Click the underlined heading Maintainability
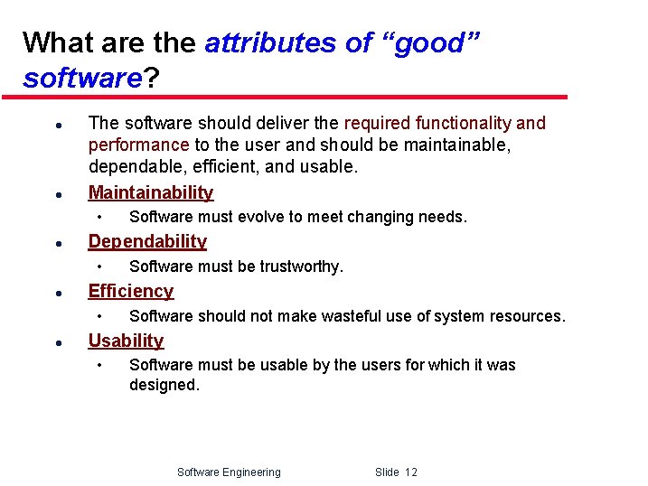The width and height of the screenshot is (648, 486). [x=150, y=192]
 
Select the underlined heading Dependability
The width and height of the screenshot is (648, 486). [x=146, y=241]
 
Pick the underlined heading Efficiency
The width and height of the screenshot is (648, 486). [x=130, y=291]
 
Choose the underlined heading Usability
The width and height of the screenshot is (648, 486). [x=126, y=341]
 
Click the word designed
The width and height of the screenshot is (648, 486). [x=164, y=385]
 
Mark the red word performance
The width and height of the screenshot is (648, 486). [x=138, y=145]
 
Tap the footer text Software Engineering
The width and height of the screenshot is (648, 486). [x=229, y=472]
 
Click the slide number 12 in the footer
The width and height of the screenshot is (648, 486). [x=410, y=472]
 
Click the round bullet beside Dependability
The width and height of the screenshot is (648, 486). [x=57, y=243]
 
